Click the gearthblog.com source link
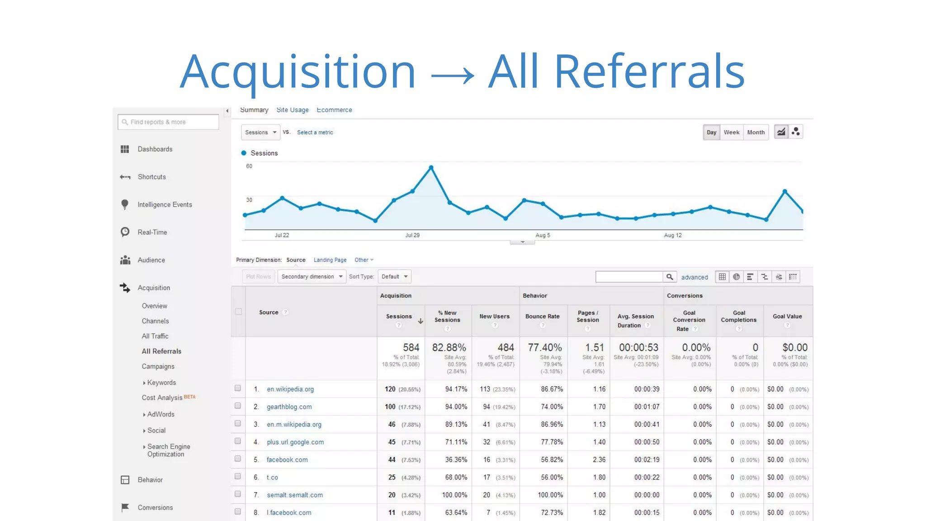coord(289,407)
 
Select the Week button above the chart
coord(731,132)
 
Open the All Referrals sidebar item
coord(161,351)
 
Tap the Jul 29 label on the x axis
coord(412,235)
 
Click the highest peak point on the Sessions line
coord(431,167)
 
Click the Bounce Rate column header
coord(542,316)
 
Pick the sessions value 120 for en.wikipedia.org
coord(390,389)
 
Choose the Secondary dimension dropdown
coord(312,276)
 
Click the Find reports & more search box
coord(168,122)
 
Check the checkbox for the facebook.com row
coord(237,459)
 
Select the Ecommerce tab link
coord(334,110)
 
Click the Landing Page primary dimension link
coord(330,260)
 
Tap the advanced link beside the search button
coord(694,277)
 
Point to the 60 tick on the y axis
coord(249,166)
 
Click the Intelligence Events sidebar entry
coord(165,204)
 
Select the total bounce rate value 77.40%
coord(544,347)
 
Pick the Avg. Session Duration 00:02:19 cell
coord(646,459)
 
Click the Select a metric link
coord(315,133)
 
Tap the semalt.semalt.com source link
coord(294,495)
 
